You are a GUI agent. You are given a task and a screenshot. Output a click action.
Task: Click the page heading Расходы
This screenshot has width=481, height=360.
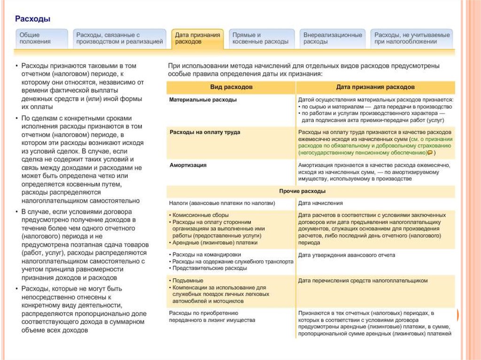pyautogui.click(x=32, y=19)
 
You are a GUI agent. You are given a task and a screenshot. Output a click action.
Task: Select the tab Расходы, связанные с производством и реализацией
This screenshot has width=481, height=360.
pyautogui.click(x=119, y=38)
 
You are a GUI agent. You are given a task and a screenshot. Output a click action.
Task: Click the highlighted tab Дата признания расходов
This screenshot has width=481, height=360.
pyautogui.click(x=197, y=38)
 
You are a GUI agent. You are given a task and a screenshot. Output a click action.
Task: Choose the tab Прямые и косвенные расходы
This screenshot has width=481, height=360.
pyautogui.click(x=261, y=38)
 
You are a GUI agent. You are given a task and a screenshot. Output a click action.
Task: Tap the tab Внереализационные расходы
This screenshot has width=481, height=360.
pyautogui.click(x=333, y=38)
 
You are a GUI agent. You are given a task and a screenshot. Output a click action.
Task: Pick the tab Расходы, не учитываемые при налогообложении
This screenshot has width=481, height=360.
pyautogui.click(x=412, y=38)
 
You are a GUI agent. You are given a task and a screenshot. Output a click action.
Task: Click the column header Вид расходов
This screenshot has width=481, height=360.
pyautogui.click(x=231, y=88)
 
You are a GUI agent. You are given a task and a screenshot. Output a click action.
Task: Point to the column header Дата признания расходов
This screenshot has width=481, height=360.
pyautogui.click(x=375, y=88)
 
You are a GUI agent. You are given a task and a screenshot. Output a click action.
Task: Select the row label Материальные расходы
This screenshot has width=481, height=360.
pyautogui.click(x=203, y=100)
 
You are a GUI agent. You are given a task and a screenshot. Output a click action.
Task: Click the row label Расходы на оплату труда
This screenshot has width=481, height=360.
pyautogui.click(x=205, y=132)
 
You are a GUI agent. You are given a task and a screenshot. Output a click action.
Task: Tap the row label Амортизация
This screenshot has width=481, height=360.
pyautogui.click(x=188, y=165)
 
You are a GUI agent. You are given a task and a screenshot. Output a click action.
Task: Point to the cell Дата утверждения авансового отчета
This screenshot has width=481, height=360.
pyautogui.click(x=347, y=255)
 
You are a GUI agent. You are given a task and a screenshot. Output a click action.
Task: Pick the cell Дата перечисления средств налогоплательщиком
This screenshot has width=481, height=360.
pyautogui.click(x=363, y=280)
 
